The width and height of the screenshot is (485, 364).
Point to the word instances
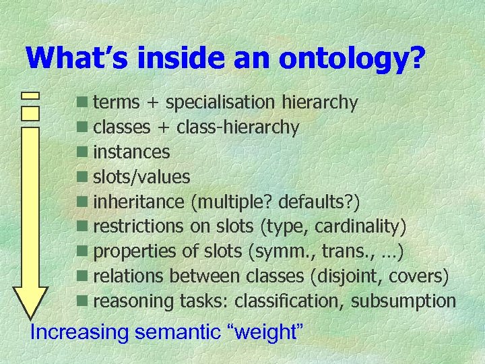(x=131, y=152)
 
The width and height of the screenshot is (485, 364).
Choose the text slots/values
(x=141, y=177)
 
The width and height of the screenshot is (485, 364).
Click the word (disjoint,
(x=348, y=276)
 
